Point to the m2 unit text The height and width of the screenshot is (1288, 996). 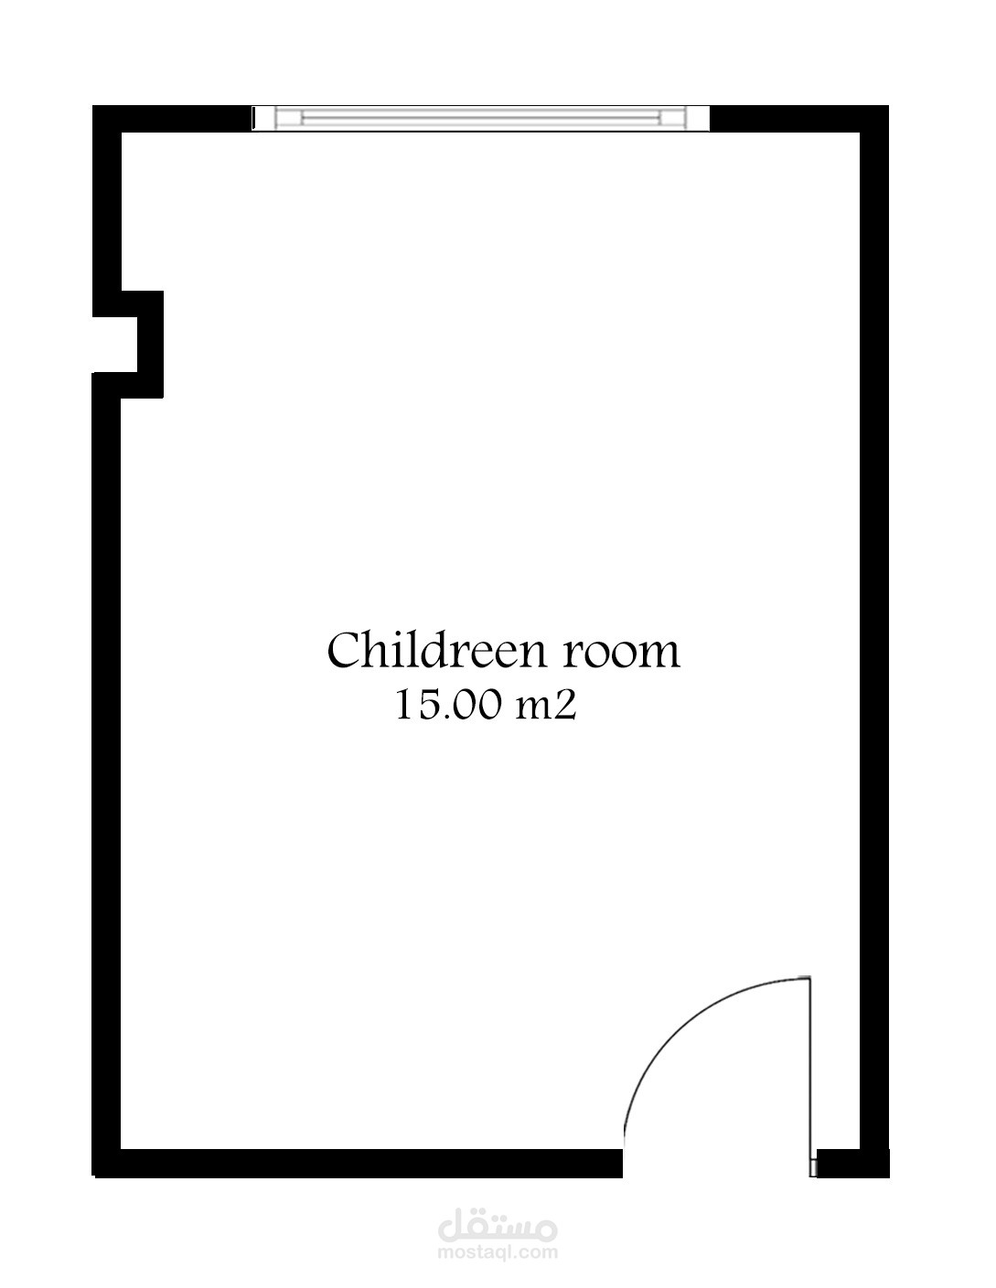pos(546,707)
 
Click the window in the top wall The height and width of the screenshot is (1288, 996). pos(481,118)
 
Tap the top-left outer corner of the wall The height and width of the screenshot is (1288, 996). pos(93,106)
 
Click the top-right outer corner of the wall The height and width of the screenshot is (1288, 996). pos(888,106)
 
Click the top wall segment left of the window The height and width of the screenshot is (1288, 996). pos(172,119)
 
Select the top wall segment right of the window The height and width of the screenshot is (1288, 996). pos(799,119)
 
